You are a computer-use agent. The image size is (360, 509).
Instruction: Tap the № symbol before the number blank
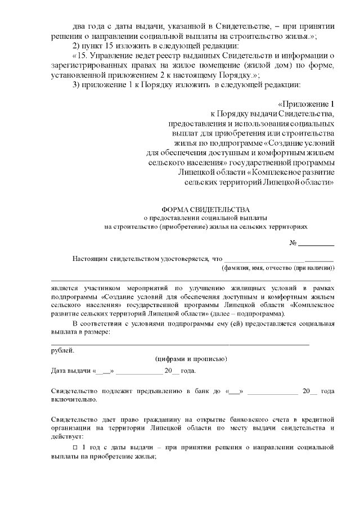tap(292, 243)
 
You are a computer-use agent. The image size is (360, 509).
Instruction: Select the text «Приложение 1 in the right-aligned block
tap(306, 104)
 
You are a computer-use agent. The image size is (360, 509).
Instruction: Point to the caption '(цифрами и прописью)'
tap(191, 359)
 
